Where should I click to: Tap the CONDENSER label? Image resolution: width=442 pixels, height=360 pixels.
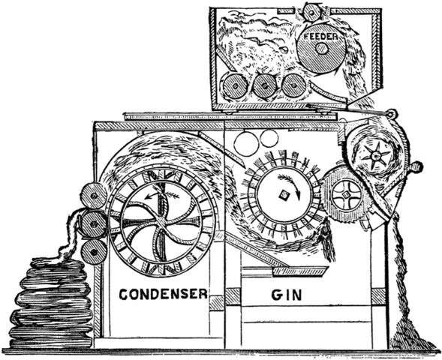(163, 295)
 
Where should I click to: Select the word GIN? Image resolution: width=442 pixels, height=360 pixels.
(286, 295)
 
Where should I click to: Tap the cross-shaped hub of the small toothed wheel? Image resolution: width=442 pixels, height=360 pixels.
(345, 195)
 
